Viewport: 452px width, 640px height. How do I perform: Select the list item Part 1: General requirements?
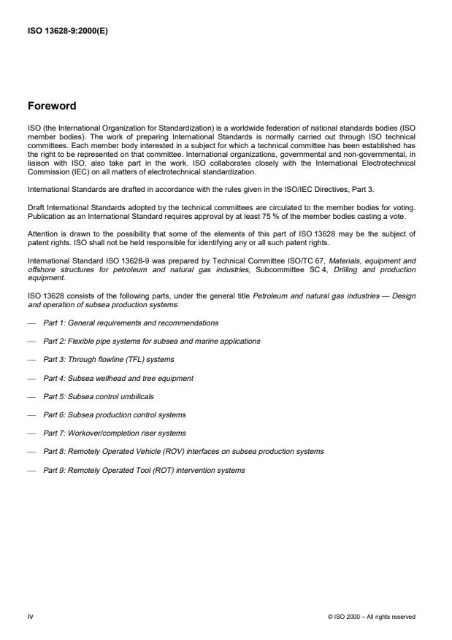[x=131, y=322]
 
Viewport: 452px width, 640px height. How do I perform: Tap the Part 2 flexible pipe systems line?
[x=151, y=341]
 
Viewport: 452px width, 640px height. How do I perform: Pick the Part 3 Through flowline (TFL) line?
[x=109, y=359]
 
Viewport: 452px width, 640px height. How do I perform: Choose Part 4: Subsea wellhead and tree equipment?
[x=118, y=377]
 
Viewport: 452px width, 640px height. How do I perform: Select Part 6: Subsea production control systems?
[x=114, y=415]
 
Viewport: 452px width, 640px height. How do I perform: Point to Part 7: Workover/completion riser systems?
[x=114, y=433]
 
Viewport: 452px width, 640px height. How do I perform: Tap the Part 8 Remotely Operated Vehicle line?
[x=183, y=452]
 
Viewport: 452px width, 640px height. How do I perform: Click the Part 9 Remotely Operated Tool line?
[x=144, y=470]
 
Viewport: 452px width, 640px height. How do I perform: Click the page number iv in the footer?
[x=30, y=617]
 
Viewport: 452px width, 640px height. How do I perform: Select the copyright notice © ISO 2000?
[x=372, y=617]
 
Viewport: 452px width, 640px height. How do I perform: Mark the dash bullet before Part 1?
[x=31, y=322]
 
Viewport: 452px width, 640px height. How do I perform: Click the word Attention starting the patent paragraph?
[x=41, y=234]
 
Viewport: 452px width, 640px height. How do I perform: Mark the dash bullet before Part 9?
[x=31, y=470]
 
